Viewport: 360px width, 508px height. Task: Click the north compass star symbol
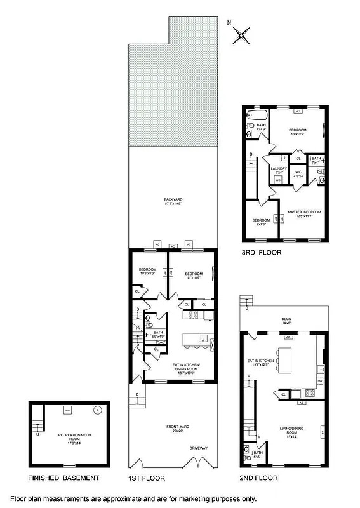241,34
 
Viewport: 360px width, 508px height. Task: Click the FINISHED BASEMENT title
63,478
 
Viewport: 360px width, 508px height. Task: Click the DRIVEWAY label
198,448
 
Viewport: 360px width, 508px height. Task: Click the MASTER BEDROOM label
304,212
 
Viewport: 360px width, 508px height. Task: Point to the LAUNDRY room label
279,169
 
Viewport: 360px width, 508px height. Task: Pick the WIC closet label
298,171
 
